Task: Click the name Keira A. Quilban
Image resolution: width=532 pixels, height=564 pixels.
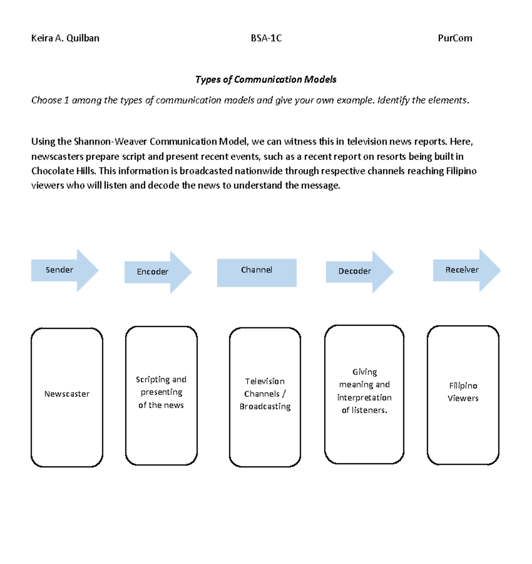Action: [x=65, y=38]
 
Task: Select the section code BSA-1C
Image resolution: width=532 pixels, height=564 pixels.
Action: [x=266, y=38]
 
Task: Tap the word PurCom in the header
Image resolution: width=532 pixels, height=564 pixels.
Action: [x=455, y=38]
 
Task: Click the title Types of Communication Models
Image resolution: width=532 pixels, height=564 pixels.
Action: [x=266, y=79]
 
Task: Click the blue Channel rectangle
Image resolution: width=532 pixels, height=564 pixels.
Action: [x=257, y=272]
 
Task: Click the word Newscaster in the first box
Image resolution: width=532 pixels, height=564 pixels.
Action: [x=67, y=394]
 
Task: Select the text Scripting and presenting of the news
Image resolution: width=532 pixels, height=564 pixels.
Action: [x=161, y=392]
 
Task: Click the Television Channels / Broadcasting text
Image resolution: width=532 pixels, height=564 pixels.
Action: [x=265, y=394]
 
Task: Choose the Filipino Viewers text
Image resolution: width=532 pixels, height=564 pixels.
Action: [x=463, y=392]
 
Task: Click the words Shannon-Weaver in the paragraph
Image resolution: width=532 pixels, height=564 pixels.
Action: [x=110, y=142]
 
